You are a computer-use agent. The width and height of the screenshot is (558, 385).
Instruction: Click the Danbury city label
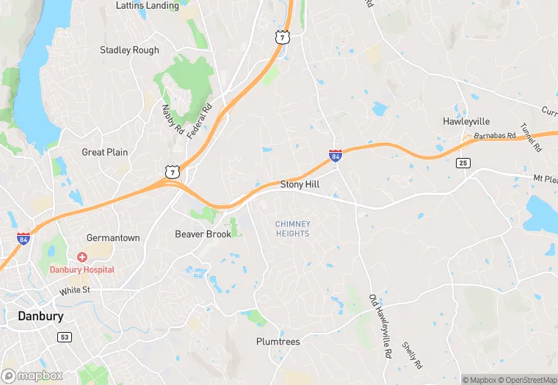(40, 316)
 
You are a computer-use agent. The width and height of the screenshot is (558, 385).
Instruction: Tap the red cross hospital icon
(81, 256)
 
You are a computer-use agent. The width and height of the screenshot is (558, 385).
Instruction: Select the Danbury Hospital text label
(81, 270)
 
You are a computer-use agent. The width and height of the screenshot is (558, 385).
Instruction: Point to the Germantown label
(113, 238)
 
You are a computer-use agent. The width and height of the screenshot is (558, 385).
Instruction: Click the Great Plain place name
(104, 152)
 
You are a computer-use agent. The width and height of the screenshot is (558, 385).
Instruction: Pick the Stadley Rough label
(129, 50)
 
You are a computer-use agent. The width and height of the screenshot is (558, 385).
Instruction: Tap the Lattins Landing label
(147, 6)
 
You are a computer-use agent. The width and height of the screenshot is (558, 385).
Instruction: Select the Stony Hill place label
(300, 184)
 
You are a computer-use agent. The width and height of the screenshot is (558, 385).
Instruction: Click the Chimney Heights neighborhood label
(292, 229)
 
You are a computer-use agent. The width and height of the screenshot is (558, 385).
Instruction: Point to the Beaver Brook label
(203, 234)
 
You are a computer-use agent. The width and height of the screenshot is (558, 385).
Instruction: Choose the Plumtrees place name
(278, 342)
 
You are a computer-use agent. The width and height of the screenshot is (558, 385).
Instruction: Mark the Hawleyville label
(466, 121)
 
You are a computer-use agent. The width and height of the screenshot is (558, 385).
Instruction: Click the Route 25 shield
(463, 162)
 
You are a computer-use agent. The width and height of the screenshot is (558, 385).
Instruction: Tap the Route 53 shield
(65, 336)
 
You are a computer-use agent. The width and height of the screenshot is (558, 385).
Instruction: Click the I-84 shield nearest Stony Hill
(336, 156)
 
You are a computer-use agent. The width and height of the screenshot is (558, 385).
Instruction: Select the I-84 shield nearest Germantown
(23, 238)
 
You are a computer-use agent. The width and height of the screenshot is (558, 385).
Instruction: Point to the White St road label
(74, 290)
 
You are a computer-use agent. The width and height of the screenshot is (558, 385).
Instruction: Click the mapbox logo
(32, 375)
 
